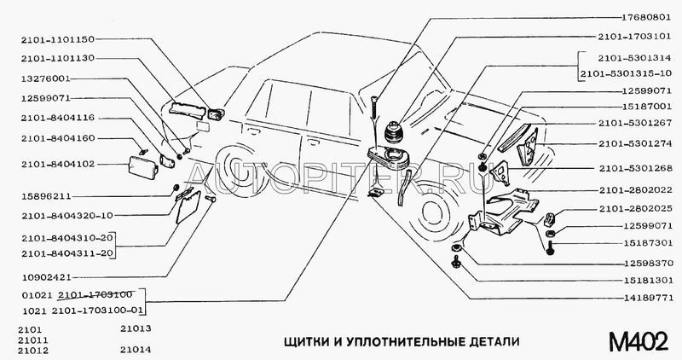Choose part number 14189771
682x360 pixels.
coord(645,299)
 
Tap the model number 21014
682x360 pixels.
coord(136,349)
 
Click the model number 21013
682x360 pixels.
coord(136,328)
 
